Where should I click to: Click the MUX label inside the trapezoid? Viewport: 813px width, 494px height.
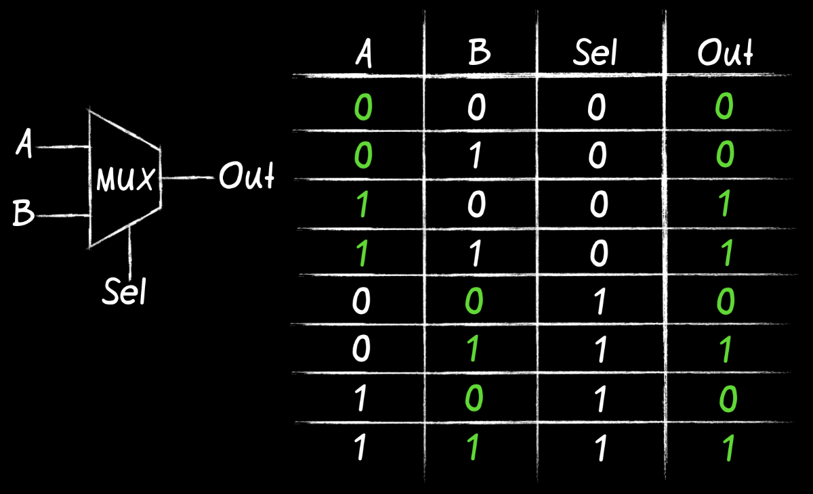point(125,181)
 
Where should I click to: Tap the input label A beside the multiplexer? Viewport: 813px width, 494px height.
point(24,145)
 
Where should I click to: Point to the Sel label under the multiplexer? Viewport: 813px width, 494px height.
point(125,292)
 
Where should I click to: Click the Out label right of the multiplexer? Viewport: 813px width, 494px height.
point(246,178)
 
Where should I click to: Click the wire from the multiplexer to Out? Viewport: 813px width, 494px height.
point(188,178)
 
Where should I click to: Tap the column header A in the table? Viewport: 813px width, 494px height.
point(363,54)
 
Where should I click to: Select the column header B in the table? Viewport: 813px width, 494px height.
point(479,53)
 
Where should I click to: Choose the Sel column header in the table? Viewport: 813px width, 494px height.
point(596,53)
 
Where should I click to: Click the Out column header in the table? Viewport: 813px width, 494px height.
point(726,53)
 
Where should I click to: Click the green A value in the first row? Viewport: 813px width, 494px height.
point(362,108)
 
